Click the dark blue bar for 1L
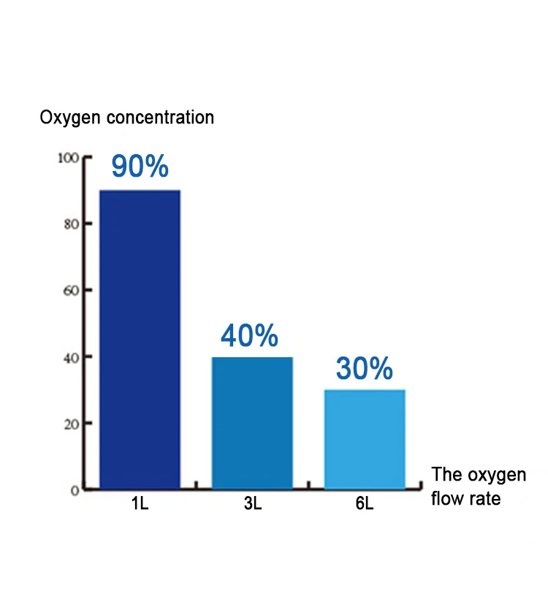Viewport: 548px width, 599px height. pos(140,340)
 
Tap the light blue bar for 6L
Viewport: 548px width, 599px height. pos(365,439)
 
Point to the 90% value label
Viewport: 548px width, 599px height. pos(140,167)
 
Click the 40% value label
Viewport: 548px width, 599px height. pos(249,336)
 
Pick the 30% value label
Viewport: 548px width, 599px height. pos(365,369)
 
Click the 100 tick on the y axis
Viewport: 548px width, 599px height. pos(67,158)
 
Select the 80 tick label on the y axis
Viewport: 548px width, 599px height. pos(70,224)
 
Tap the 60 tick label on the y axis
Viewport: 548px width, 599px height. pos(70,290)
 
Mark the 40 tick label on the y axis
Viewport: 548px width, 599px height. pos(70,356)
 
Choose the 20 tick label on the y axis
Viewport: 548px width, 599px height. pos(70,423)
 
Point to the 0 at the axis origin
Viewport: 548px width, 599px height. pos(75,489)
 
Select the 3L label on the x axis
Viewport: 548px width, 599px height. pos(253,505)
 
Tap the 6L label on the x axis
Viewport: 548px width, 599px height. pos(365,505)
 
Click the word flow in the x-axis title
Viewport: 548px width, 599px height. pos(446,500)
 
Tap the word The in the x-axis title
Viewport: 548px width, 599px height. pos(446,475)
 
